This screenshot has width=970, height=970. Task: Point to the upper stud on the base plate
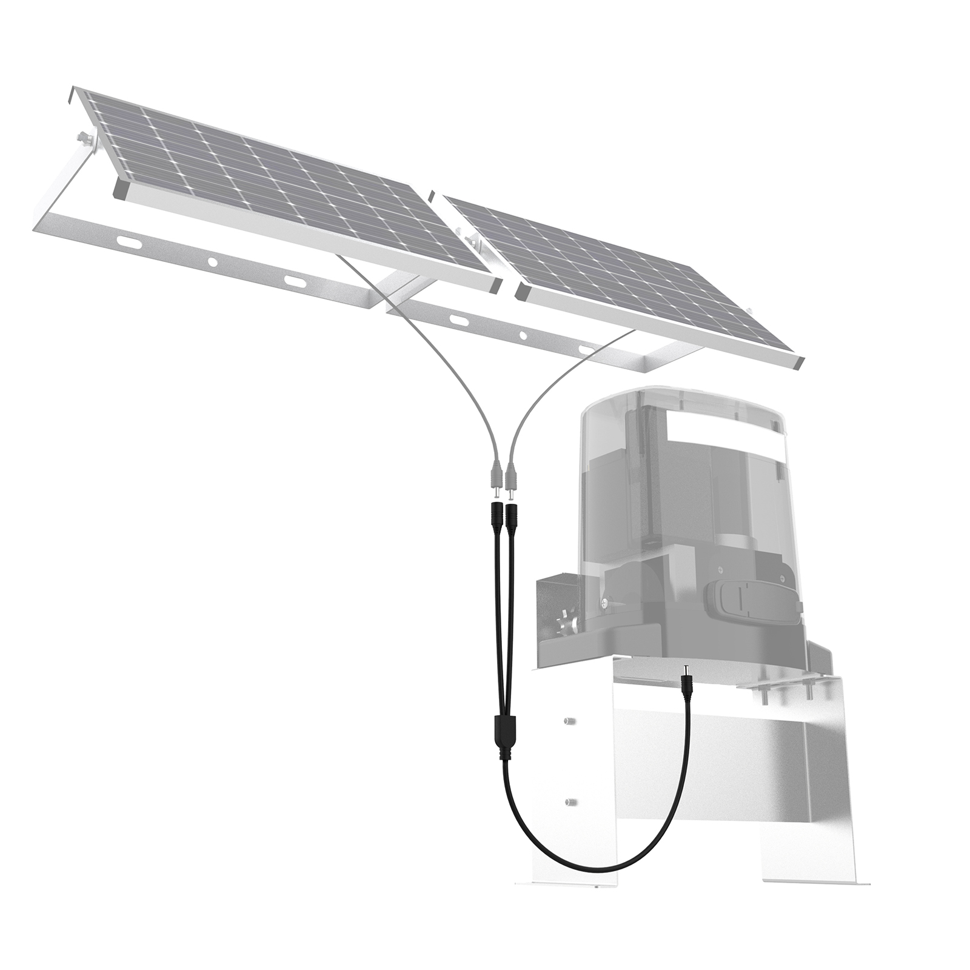click(x=568, y=721)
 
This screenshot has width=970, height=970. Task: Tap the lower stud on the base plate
click(x=569, y=802)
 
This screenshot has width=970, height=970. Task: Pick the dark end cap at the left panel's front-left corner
click(x=119, y=190)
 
